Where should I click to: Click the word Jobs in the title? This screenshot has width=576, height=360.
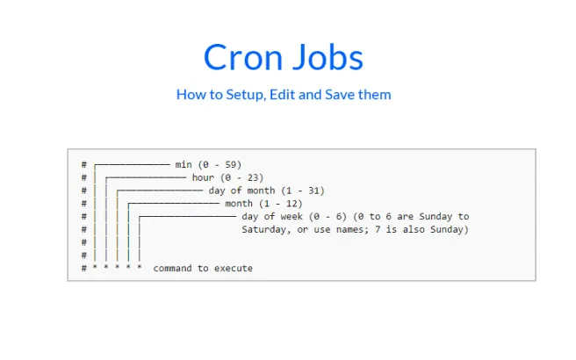(328, 57)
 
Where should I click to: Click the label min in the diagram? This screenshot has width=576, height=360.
(184, 164)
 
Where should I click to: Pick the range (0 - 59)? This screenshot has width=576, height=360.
(220, 164)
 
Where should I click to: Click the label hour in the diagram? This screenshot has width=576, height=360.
(203, 177)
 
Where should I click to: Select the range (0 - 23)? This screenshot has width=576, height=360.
(242, 177)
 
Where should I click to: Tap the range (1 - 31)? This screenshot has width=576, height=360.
(303, 191)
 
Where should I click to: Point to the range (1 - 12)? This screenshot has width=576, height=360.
(281, 204)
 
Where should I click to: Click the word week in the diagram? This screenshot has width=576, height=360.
(292, 216)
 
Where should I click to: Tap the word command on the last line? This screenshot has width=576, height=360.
(172, 268)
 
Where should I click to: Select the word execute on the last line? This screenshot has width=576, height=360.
(234, 268)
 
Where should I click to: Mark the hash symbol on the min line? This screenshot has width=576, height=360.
(84, 164)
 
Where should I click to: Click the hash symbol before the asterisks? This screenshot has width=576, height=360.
(84, 268)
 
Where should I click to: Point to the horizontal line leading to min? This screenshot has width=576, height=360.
(133, 164)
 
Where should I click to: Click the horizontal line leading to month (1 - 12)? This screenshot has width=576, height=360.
(173, 204)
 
